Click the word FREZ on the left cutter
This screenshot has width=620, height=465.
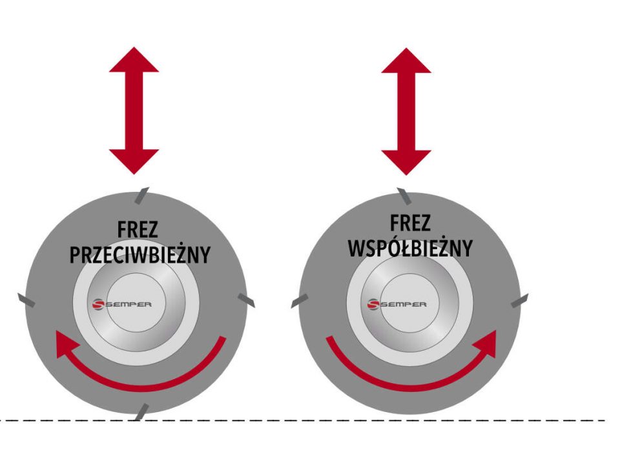tap(139, 231)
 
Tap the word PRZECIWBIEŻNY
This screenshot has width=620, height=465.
tap(139, 254)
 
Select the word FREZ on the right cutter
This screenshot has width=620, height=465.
tap(410, 223)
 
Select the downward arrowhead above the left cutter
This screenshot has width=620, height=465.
tap(134, 161)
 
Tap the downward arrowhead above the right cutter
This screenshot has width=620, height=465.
tap(406, 161)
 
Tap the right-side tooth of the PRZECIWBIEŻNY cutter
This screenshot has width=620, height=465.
tap(246, 299)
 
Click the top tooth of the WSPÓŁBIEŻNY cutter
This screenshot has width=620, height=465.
tap(403, 194)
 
